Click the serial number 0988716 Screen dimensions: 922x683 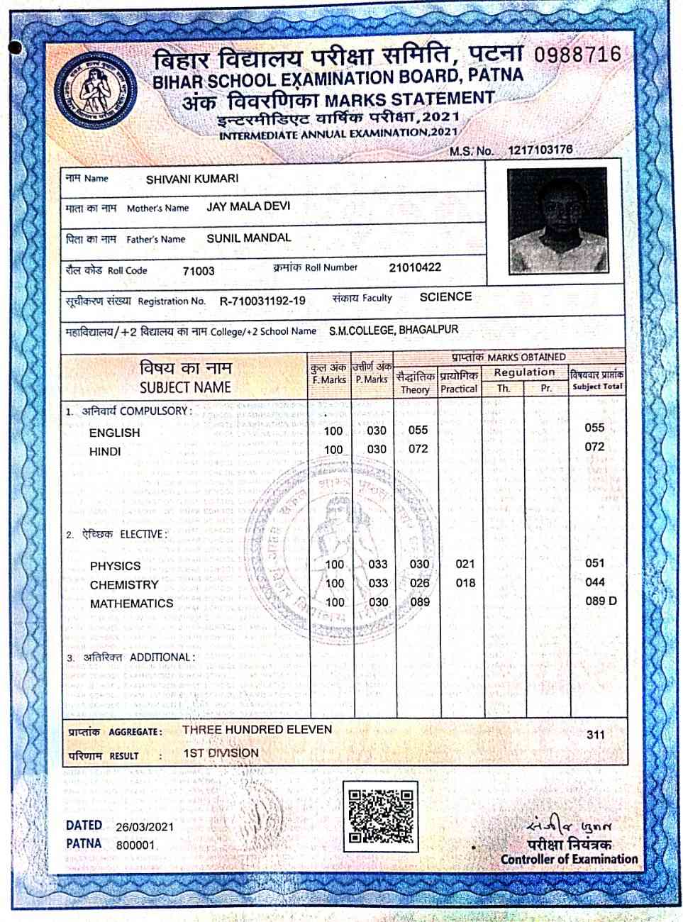577,55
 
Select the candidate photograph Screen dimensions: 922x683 557,221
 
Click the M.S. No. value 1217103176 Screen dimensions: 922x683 540,150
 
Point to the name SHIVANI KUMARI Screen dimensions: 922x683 192,179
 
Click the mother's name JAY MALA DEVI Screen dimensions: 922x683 248,207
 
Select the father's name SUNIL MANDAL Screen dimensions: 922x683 249,238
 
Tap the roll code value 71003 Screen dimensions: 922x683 199,271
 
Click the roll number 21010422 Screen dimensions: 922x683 415,267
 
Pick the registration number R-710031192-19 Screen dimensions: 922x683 262,301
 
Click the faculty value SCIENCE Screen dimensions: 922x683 445,297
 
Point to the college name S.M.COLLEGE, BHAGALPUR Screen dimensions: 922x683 394,331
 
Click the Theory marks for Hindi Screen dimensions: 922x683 418,449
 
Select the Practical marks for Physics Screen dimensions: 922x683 465,564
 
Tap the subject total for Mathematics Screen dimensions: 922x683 601,601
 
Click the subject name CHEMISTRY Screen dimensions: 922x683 124,585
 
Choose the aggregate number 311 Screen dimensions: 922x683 596,734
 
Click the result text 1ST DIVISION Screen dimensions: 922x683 221,753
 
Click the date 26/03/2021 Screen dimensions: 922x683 145,827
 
